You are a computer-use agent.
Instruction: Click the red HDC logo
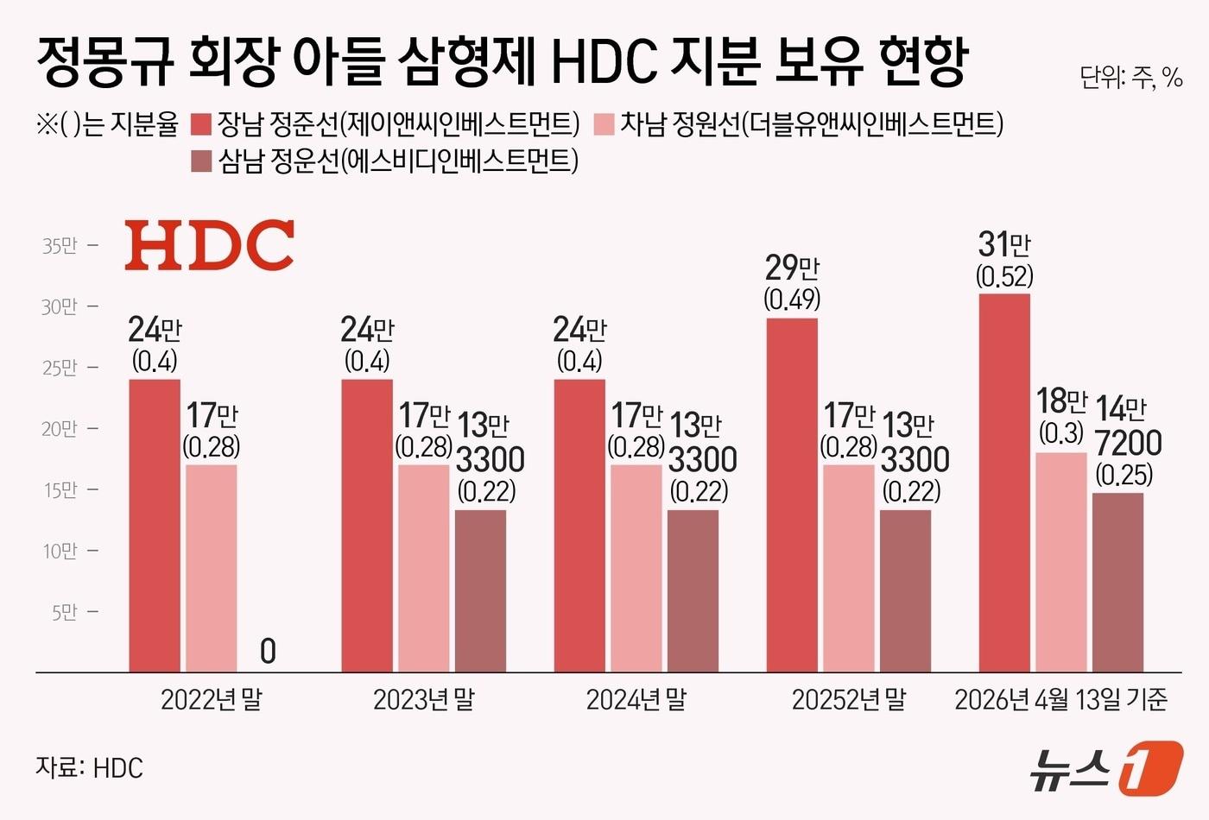pyautogui.click(x=209, y=245)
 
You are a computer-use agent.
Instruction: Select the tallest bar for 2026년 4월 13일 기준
pyautogui.click(x=1003, y=483)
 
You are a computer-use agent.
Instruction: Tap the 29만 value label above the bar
pyautogui.click(x=792, y=268)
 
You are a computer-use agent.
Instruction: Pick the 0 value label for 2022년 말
pyautogui.click(x=268, y=651)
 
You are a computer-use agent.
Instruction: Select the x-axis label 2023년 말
pyautogui.click(x=423, y=699)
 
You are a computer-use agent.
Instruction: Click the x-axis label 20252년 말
pyautogui.click(x=848, y=699)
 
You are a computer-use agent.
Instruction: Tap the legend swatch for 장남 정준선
pyautogui.click(x=200, y=125)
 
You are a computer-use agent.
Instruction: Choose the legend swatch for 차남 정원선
pyautogui.click(x=604, y=125)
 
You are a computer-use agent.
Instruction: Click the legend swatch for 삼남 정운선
pyautogui.click(x=200, y=161)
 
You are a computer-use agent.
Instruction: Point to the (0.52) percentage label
pyautogui.click(x=1004, y=276)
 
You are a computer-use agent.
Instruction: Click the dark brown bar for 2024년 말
pyautogui.click(x=693, y=590)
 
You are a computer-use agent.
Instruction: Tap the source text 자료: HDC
pyautogui.click(x=89, y=767)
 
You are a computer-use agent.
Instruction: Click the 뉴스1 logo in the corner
pyautogui.click(x=1105, y=766)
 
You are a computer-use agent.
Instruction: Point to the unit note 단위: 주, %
pyautogui.click(x=1130, y=79)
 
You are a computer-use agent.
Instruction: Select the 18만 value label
pyautogui.click(x=1061, y=401)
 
